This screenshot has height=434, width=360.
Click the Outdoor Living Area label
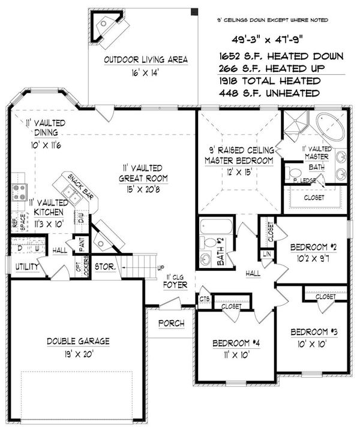[146, 59]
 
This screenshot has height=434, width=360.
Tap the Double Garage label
[79, 341]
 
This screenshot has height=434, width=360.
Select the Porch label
[171, 324]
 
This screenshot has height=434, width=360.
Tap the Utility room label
[27, 266]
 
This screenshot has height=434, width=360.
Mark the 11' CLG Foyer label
[178, 281]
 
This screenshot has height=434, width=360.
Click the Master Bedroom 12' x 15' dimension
[238, 172]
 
